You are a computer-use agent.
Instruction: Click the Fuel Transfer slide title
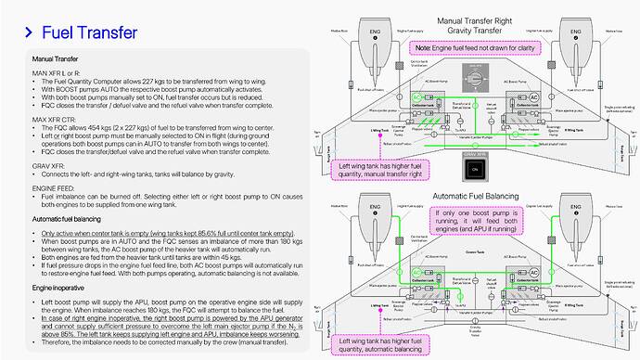(x=89, y=32)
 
